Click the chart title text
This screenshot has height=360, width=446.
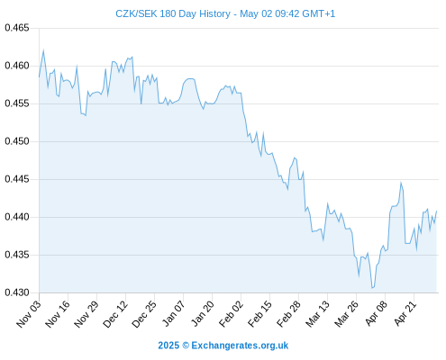(225, 13)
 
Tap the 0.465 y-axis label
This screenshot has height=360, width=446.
(17, 28)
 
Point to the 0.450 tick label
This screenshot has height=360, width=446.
(17, 141)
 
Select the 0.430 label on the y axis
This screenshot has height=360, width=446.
(17, 292)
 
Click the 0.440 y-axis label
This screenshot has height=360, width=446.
(17, 217)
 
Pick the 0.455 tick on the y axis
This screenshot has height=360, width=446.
(17, 103)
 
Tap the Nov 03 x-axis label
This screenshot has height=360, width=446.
(28, 314)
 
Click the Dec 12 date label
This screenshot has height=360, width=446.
(114, 314)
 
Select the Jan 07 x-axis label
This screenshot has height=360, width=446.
(173, 314)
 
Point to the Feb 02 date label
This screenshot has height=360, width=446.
(231, 314)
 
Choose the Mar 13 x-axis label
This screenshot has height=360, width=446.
(317, 314)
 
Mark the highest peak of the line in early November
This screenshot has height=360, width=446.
(43, 50)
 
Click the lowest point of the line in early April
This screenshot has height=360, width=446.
(372, 288)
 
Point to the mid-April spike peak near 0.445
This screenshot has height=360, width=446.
(401, 182)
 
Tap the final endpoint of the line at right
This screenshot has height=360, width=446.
(436, 211)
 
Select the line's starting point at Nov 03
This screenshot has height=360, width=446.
(39, 77)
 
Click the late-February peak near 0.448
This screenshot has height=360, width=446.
(295, 157)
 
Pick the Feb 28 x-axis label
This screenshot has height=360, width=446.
(288, 314)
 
